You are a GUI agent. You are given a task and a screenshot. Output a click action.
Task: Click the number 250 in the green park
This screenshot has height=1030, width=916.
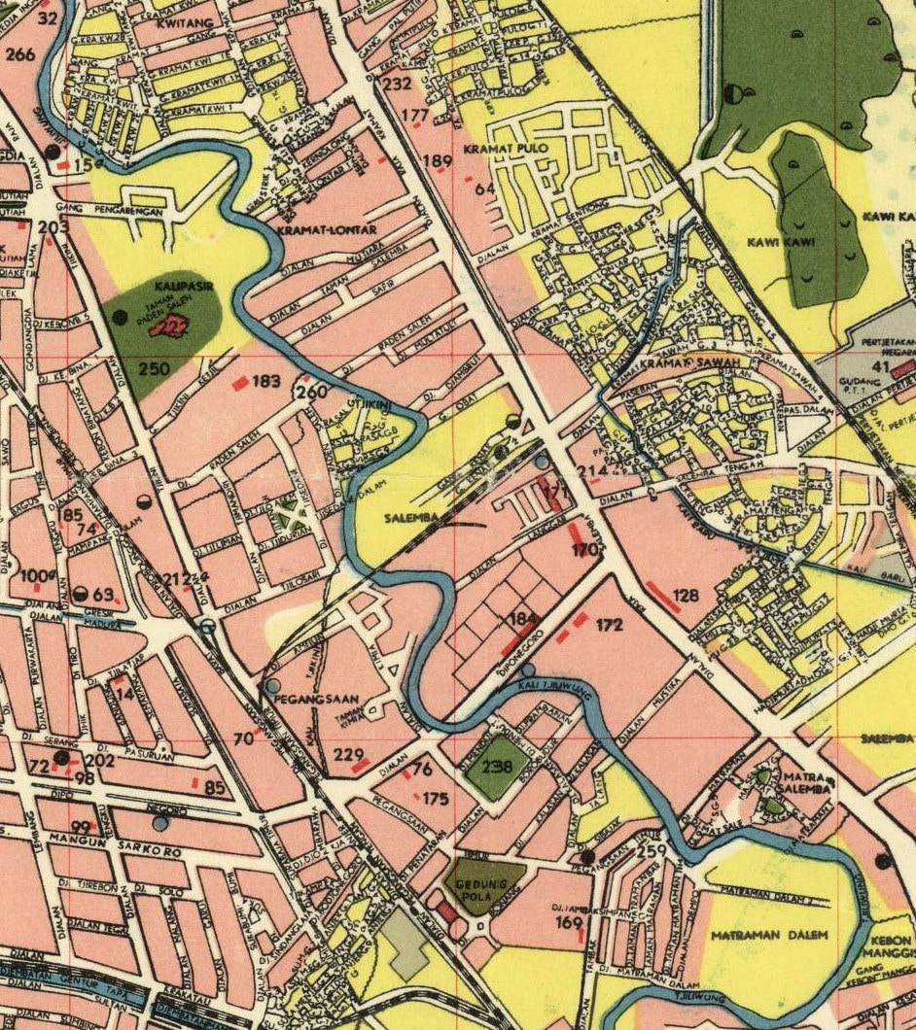(x=155, y=369)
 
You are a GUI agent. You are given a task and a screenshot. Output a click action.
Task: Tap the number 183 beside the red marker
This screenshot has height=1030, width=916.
(x=265, y=381)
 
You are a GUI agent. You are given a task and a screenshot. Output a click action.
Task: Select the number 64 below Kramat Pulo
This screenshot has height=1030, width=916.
(x=485, y=188)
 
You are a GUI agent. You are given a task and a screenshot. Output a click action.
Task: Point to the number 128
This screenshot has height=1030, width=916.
(x=686, y=595)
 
